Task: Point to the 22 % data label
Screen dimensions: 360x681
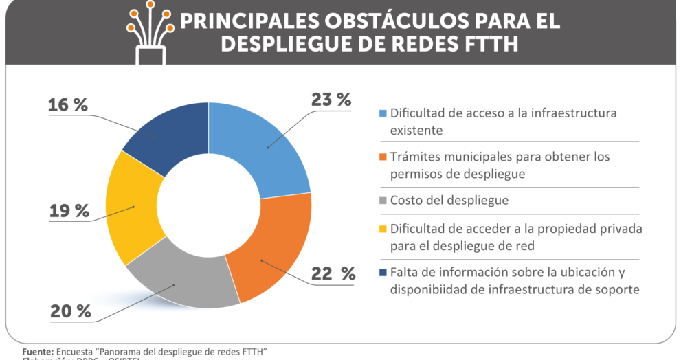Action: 333,274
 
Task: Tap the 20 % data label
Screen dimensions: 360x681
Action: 70,311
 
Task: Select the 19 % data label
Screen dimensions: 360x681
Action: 69,211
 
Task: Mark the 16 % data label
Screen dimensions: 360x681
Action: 68,105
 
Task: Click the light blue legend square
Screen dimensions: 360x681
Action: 383,114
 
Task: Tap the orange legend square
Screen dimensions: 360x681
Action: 383,158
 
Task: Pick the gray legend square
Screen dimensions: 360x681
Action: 383,201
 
